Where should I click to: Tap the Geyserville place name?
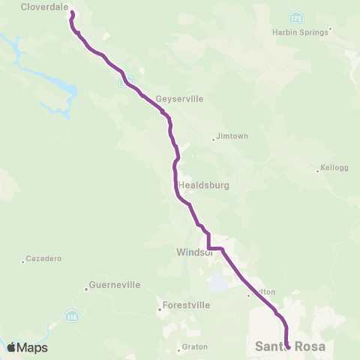click(x=180, y=98)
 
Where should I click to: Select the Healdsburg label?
click(x=204, y=184)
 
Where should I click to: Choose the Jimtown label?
click(x=231, y=136)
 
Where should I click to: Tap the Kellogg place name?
click(x=334, y=168)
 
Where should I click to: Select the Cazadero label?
click(x=43, y=258)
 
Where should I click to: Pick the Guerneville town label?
click(x=110, y=285)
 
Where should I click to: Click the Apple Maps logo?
click(x=27, y=347)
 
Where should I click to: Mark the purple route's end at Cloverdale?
click(x=72, y=13)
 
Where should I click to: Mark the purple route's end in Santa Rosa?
click(x=288, y=347)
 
